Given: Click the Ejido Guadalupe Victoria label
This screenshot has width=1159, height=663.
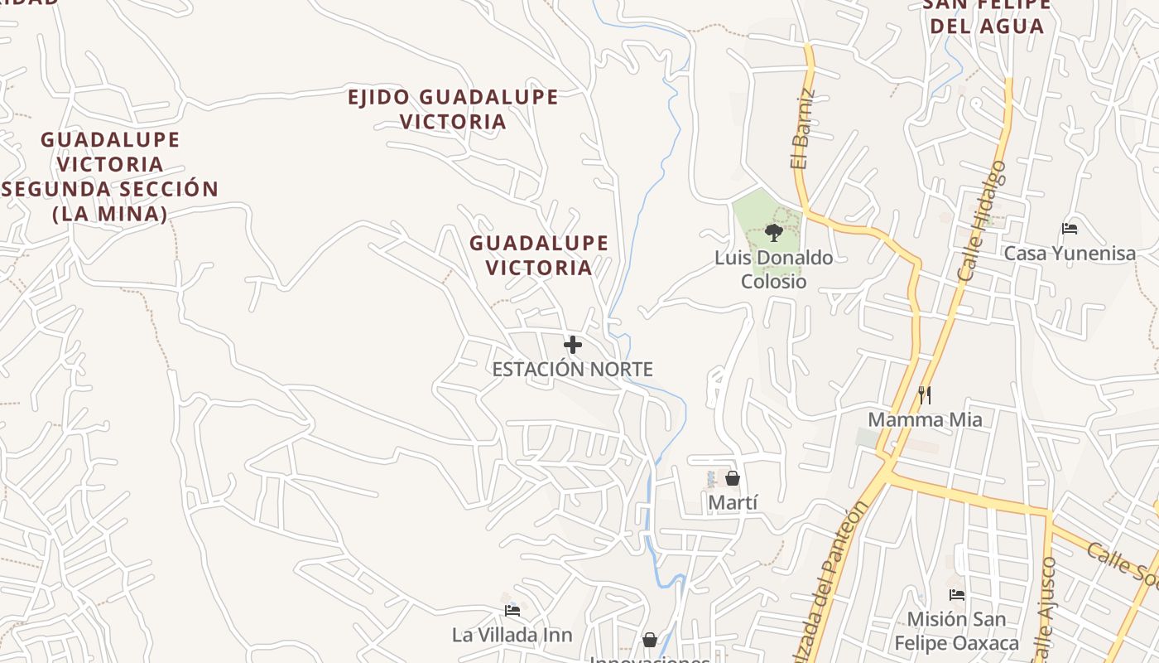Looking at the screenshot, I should click(453, 109).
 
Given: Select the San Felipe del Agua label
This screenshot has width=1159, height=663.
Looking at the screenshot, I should click(986, 15).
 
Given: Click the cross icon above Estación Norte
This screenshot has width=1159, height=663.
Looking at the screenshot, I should click(572, 345).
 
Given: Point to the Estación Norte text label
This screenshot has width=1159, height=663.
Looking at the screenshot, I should click(572, 370).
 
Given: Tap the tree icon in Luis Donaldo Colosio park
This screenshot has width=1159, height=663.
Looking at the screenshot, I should click(774, 232).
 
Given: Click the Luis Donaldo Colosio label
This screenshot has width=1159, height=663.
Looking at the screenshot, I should click(774, 269).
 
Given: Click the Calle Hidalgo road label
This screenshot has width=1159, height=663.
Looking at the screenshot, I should click(982, 220).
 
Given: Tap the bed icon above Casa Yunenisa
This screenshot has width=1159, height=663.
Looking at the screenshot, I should click(1070, 229).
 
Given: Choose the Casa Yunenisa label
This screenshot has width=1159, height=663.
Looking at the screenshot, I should click(1070, 254).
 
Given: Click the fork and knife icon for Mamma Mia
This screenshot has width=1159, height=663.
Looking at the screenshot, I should click(925, 395).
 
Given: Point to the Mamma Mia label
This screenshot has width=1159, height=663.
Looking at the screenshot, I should click(925, 419).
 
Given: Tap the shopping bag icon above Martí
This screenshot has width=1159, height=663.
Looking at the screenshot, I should click(733, 478).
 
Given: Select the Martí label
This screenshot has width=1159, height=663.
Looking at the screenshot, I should click(733, 502).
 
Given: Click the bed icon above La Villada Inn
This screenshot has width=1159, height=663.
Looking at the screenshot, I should click(512, 611).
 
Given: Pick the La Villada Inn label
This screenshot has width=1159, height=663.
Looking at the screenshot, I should click(512, 636).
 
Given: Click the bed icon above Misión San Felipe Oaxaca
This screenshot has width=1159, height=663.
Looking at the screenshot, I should click(957, 595).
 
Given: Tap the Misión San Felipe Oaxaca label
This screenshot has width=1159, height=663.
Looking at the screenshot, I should click(957, 631).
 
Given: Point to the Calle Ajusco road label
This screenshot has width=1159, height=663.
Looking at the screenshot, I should click(1045, 609).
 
